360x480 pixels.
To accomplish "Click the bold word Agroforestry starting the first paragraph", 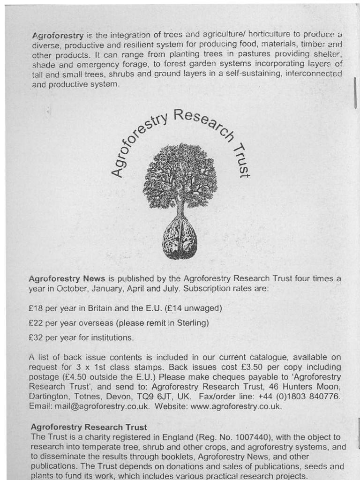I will click(x=58, y=36).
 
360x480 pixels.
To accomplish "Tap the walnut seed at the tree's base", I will click(x=180, y=238).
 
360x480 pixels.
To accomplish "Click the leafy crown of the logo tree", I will click(x=180, y=176).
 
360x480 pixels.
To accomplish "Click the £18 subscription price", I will click(x=36, y=308).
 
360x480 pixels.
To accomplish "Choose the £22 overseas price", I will click(x=36, y=323).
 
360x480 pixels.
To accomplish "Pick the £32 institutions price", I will click(x=36, y=337).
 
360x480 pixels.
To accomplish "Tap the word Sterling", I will click(x=191, y=323).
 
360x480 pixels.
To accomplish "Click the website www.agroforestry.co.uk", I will click(x=236, y=406).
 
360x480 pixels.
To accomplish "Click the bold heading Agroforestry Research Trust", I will click(x=89, y=427).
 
